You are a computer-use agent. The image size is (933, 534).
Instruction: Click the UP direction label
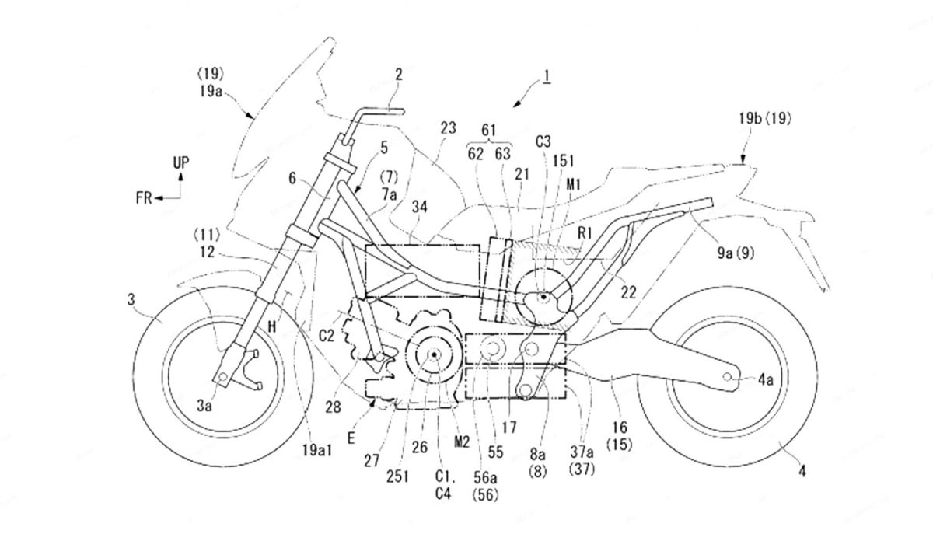180,162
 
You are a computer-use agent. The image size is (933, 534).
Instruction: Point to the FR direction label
142,198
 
